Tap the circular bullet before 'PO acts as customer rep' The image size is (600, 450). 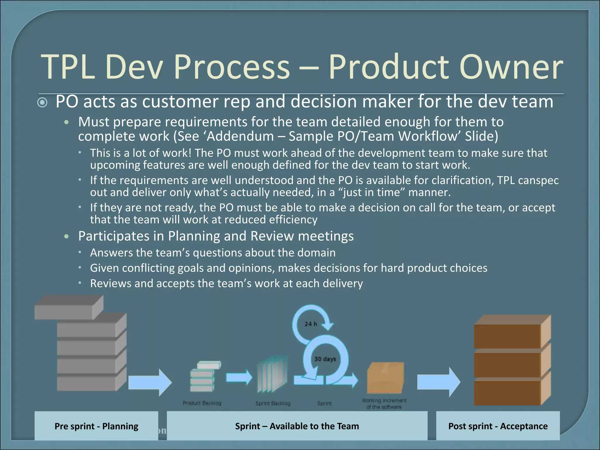point(43,103)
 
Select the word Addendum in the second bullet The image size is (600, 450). point(240,136)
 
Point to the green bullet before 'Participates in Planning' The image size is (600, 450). point(67,236)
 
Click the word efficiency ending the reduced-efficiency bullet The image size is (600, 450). point(293,220)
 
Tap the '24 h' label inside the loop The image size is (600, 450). point(311,324)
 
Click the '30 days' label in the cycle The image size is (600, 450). point(325,359)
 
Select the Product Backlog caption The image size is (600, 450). point(202,403)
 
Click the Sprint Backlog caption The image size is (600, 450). point(273,403)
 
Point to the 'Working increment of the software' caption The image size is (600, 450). point(384,404)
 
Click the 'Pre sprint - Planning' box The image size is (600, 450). point(96,426)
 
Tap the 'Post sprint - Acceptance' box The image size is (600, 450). point(498,426)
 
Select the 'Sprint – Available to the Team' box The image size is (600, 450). point(297,426)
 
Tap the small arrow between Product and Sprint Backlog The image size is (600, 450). point(239,377)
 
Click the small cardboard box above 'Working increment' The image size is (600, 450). point(385,378)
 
